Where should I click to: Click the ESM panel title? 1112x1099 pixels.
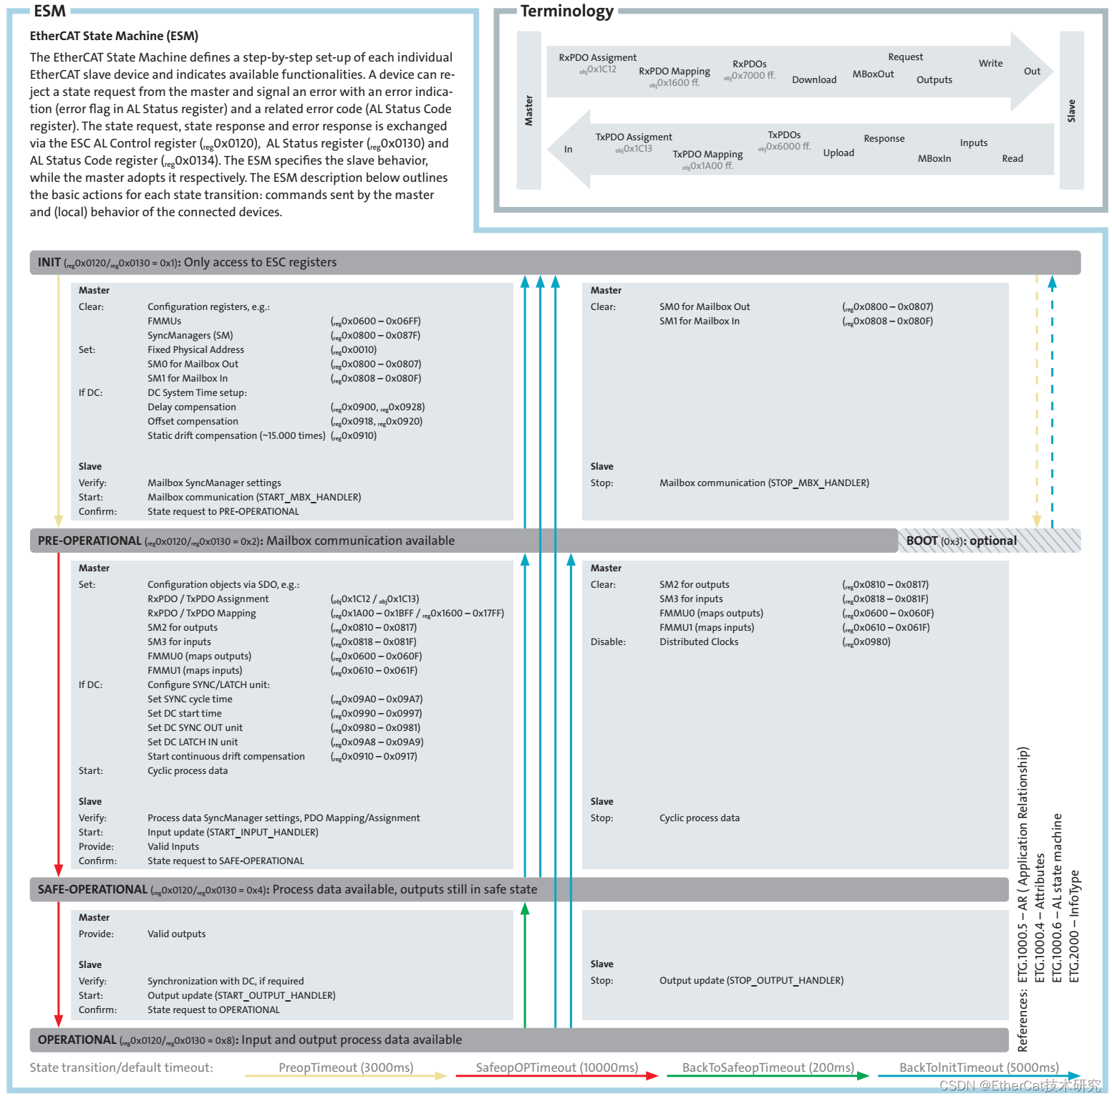tap(49, 11)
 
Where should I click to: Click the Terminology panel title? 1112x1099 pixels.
tap(566, 11)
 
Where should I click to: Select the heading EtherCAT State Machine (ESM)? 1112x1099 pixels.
tap(114, 36)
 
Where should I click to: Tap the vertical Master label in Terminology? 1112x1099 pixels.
tap(528, 111)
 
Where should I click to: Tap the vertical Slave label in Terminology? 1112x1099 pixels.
tap(1071, 111)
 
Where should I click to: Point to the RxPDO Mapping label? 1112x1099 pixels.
tap(674, 71)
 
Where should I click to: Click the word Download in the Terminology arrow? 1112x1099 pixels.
tap(814, 79)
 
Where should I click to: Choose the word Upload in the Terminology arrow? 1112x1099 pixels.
tap(838, 152)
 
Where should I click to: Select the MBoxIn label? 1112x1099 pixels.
tap(934, 158)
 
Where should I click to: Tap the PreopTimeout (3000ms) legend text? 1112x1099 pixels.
tap(346, 1067)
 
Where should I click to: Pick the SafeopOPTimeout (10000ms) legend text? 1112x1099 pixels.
tap(557, 1067)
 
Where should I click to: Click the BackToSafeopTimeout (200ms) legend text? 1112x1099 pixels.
tap(768, 1067)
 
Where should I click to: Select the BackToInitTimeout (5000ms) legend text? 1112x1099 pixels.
tap(979, 1067)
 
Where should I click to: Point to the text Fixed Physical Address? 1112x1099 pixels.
tap(195, 349)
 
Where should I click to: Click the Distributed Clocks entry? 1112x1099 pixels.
tap(699, 642)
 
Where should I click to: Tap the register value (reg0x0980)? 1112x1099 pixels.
tap(866, 642)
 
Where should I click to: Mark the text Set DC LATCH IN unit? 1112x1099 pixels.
tap(193, 742)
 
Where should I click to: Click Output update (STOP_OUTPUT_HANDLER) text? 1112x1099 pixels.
tap(751, 980)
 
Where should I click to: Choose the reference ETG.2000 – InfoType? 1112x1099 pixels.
tap(1073, 926)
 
